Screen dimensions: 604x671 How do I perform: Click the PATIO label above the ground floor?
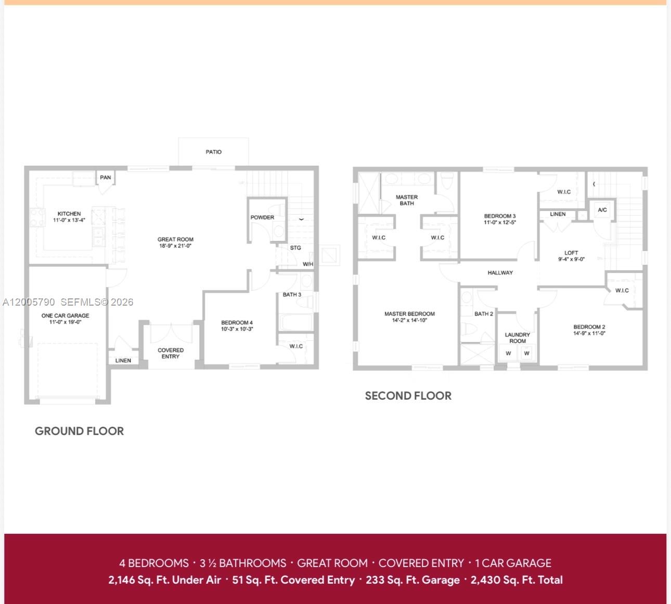tap(213, 152)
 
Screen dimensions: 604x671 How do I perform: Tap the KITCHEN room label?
tap(69, 214)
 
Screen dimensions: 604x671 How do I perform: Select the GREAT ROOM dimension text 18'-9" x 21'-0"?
tap(175, 246)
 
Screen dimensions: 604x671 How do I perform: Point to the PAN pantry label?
tap(106, 177)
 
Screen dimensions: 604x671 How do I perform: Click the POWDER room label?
tap(262, 217)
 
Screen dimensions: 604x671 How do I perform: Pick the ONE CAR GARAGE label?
tap(66, 316)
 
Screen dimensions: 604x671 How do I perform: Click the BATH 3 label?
tap(292, 295)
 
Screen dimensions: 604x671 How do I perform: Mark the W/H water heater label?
tap(308, 264)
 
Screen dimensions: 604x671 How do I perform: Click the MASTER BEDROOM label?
tap(409, 314)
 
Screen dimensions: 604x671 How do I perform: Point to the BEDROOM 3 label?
tap(500, 216)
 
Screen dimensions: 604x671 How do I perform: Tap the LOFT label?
tap(571, 253)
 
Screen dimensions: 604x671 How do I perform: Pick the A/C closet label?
tap(602, 210)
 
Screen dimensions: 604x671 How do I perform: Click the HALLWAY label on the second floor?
tap(500, 272)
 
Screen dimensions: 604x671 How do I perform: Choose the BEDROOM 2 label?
tap(589, 327)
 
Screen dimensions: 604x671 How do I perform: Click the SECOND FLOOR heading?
tap(408, 396)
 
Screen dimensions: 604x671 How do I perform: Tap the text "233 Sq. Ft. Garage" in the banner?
tap(412, 580)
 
